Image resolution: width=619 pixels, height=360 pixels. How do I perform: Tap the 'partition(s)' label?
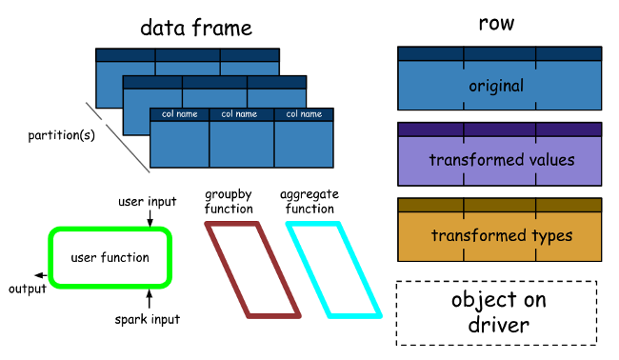point(60,134)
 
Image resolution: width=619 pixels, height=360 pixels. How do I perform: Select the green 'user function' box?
point(110,257)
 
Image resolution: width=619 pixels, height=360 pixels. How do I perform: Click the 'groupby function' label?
point(229,201)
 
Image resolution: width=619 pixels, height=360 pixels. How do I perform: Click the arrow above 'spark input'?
point(150,295)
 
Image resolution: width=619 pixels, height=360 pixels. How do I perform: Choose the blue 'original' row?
point(499,86)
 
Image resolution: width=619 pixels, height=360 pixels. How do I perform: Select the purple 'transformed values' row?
point(499,159)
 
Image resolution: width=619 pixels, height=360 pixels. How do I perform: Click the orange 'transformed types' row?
point(499,235)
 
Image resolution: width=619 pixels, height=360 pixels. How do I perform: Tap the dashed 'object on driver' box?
point(496,312)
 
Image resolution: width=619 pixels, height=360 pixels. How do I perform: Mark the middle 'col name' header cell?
point(241,114)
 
